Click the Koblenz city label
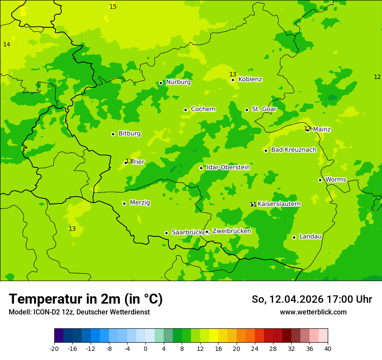click(x=250, y=79)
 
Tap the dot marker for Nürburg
click(x=161, y=83)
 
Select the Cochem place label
click(x=203, y=109)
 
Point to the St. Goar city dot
click(x=247, y=110)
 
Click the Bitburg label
click(x=129, y=134)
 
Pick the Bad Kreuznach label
click(x=293, y=150)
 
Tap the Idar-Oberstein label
click(x=228, y=167)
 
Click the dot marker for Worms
click(x=320, y=180)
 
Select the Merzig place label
click(x=140, y=203)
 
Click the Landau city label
click(x=310, y=236)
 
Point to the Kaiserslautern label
click(x=279, y=204)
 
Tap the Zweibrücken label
click(x=231, y=231)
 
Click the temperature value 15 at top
click(x=113, y=7)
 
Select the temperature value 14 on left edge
click(x=7, y=44)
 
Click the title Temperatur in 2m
click(x=86, y=299)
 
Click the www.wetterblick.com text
click(x=313, y=312)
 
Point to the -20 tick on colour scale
click(x=54, y=349)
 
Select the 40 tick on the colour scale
click(x=328, y=349)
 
